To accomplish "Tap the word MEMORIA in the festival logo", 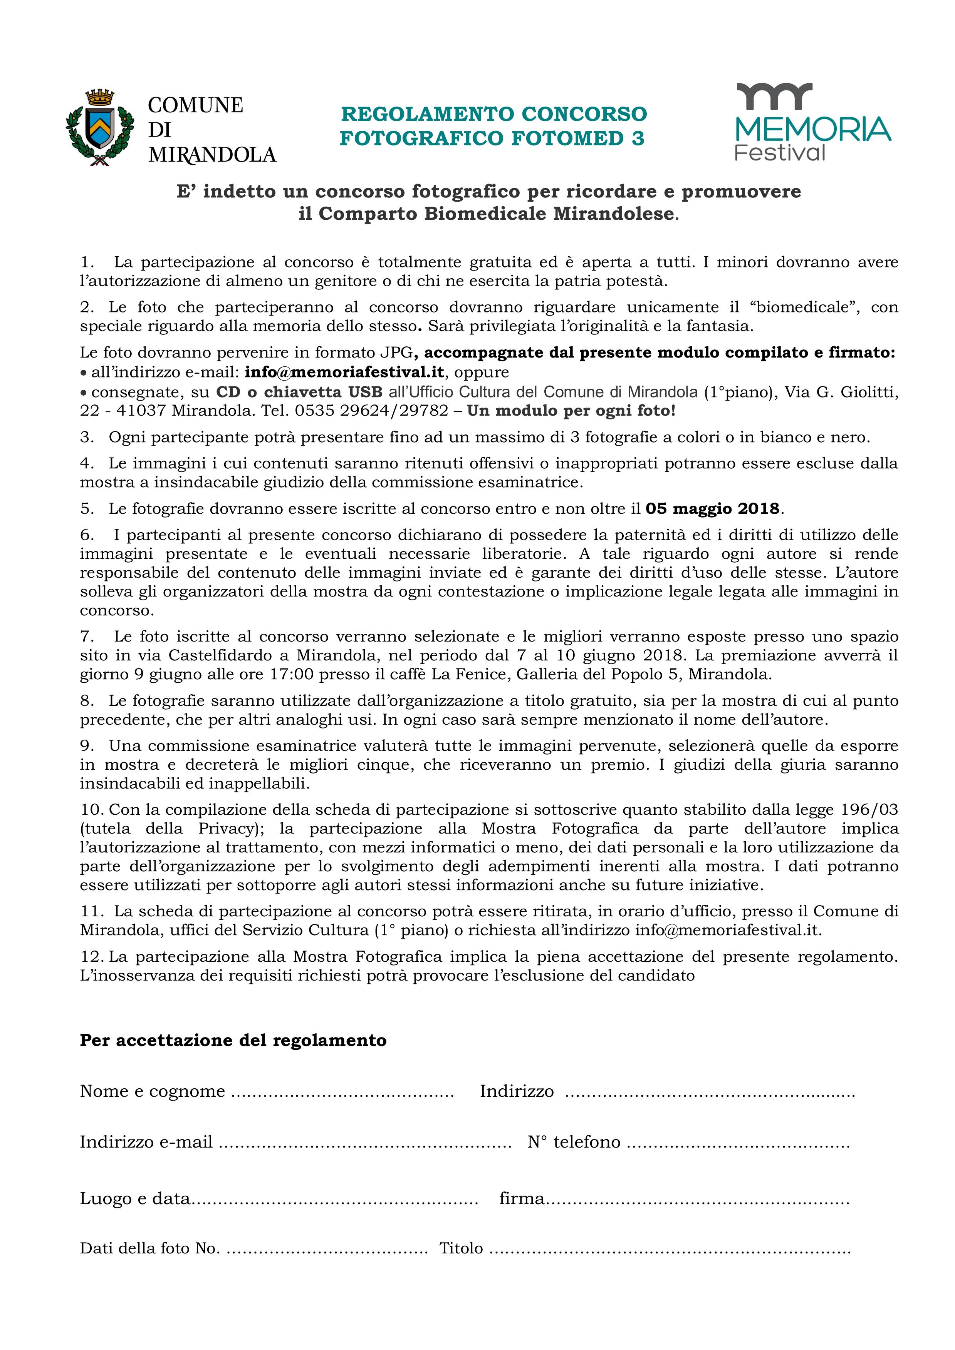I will pos(813,129).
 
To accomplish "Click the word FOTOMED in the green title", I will pos(567,138).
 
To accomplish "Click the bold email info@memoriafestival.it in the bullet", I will pos(344,372).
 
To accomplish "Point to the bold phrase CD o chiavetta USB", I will pos(299,392).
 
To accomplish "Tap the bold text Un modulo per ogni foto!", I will pos(571,410).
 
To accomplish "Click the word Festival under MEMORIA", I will pos(780,153).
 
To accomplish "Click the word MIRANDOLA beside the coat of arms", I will pos(212,155).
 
